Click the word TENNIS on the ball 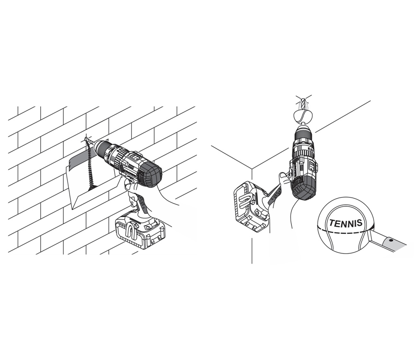(x=345, y=223)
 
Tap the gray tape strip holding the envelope (x=79, y=160)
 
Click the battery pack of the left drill (x=140, y=230)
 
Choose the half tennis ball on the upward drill (x=303, y=116)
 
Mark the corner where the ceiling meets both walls (x=252, y=168)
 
